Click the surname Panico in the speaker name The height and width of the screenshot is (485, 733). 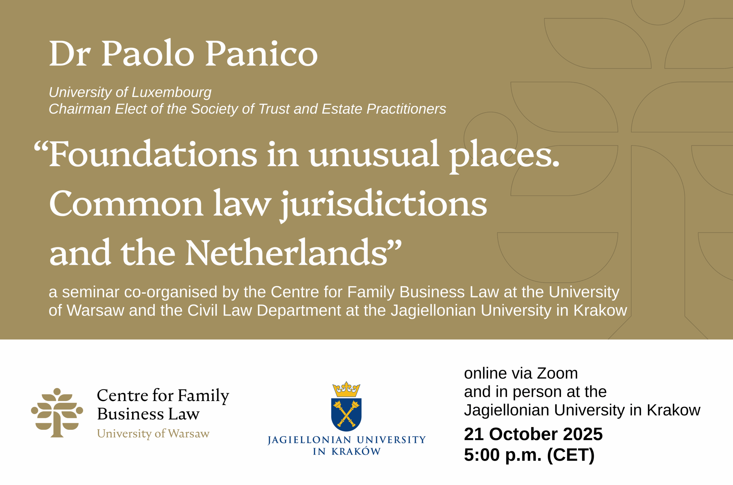pyautogui.click(x=262, y=54)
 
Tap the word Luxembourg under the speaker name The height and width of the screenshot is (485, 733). pyautogui.click(x=171, y=92)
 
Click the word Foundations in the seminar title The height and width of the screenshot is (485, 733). pyautogui.click(x=153, y=154)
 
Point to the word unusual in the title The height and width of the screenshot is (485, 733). pyautogui.click(x=374, y=154)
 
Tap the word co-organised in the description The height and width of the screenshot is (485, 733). pyautogui.click(x=171, y=292)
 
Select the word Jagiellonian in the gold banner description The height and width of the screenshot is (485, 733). pyautogui.click(x=433, y=311)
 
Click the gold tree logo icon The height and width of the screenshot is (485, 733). pyautogui.click(x=57, y=412)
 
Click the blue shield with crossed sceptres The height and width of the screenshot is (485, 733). pyautogui.click(x=346, y=415)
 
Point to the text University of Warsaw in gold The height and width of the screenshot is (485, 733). pyautogui.click(x=153, y=434)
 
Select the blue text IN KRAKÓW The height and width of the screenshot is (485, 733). pyautogui.click(x=347, y=452)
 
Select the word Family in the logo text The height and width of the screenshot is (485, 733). pyautogui.click(x=204, y=396)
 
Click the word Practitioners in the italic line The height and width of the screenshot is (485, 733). pyautogui.click(x=406, y=109)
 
